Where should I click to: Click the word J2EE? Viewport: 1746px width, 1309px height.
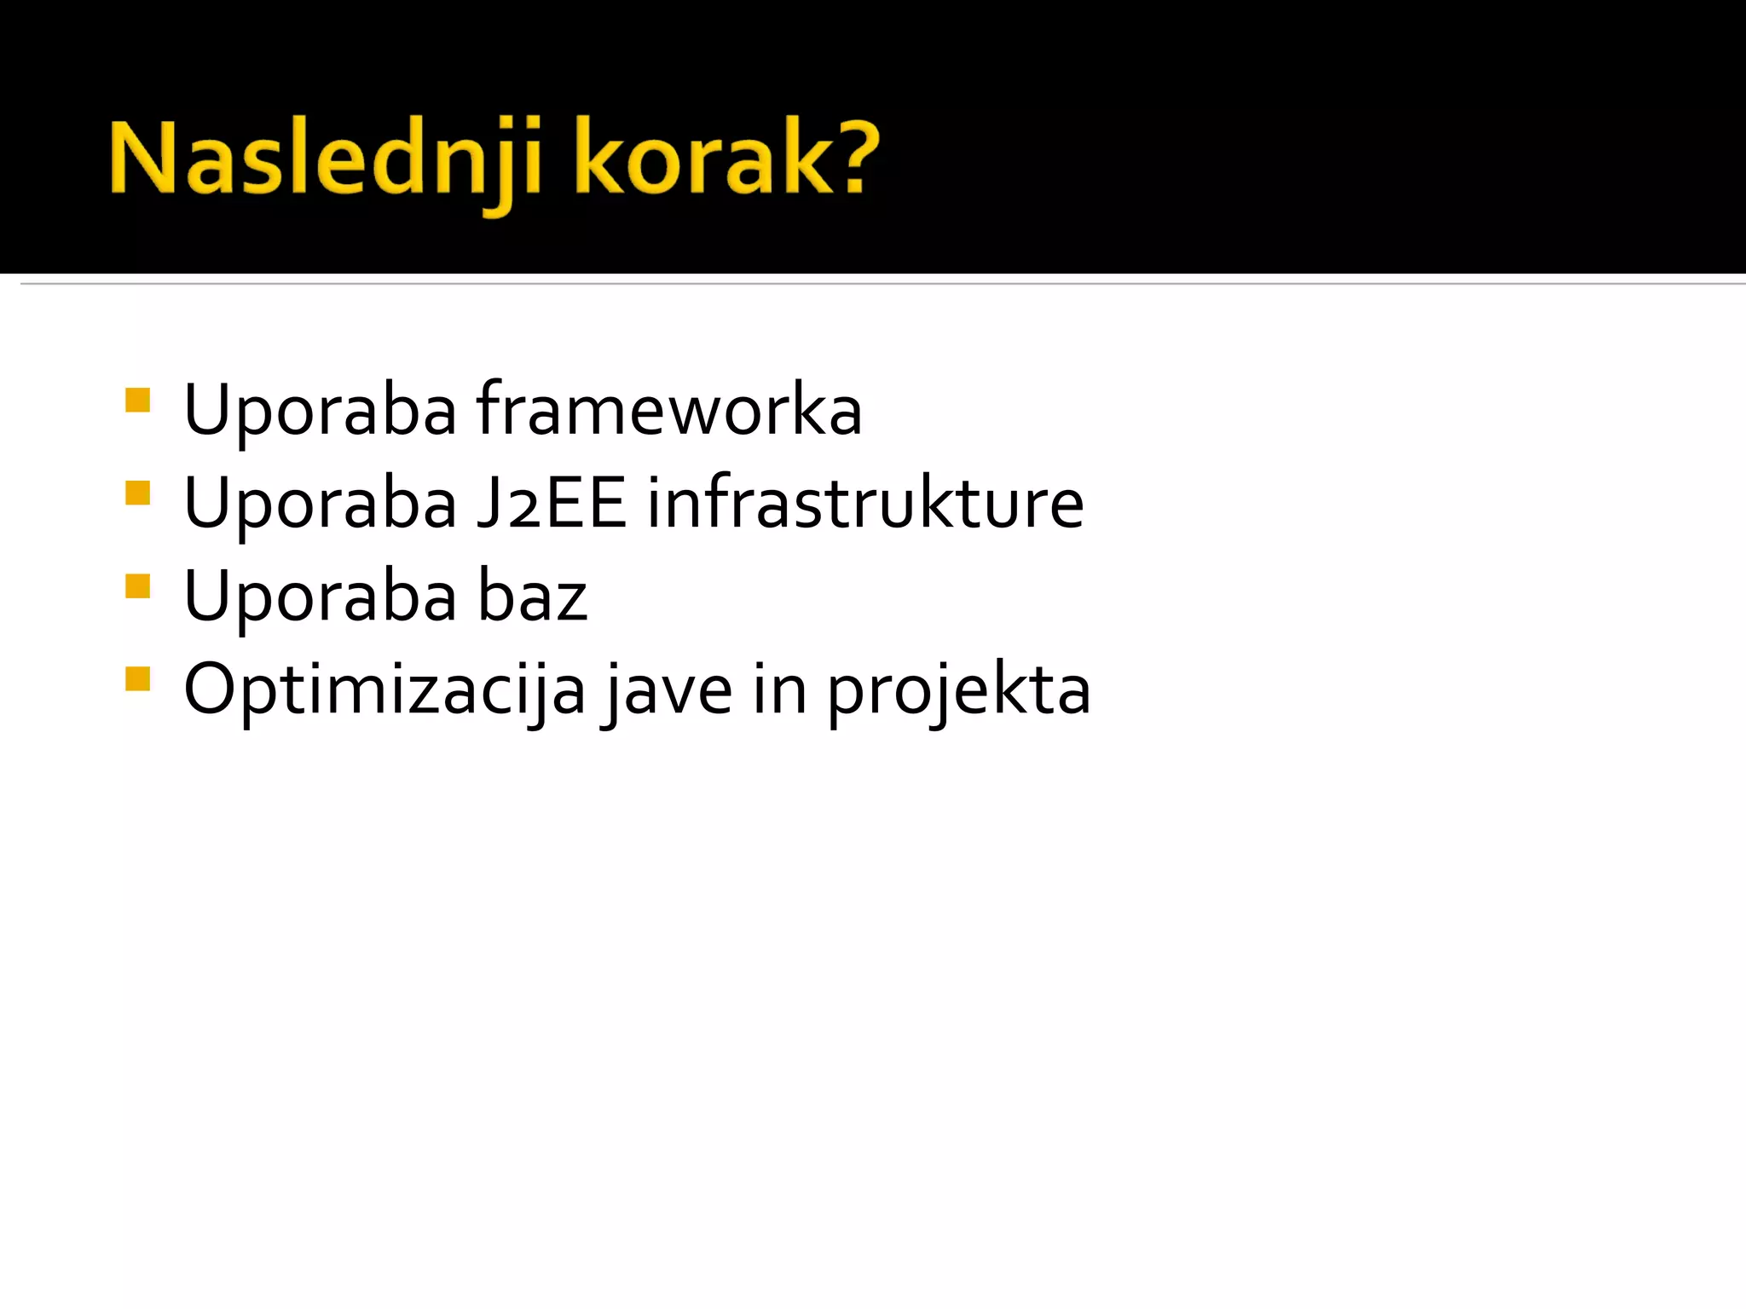(551, 504)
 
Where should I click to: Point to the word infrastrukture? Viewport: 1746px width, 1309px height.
(865, 504)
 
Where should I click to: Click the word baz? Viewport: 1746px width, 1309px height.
(532, 597)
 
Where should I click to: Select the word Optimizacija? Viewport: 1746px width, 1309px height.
(384, 690)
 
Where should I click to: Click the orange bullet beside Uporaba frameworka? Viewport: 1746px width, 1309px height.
(137, 401)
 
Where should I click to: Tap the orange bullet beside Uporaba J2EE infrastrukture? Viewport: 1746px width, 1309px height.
(137, 493)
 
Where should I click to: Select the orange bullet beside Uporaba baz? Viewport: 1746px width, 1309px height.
(137, 586)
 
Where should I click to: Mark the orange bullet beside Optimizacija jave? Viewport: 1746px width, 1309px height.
(137, 679)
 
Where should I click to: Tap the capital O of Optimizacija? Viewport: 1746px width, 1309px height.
(210, 689)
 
